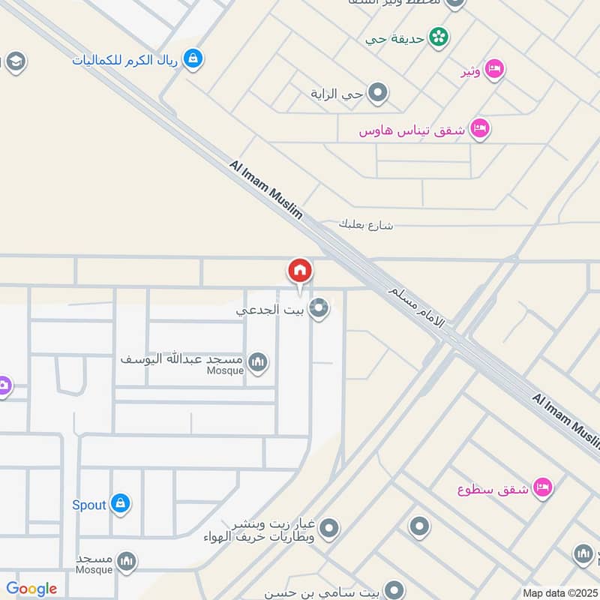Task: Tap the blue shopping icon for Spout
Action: (120, 504)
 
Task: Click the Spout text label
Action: (88, 505)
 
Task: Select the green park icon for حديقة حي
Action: (439, 36)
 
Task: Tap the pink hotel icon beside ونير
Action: (494, 70)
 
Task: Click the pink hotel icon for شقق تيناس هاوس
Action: (480, 129)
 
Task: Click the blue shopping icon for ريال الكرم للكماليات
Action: (193, 58)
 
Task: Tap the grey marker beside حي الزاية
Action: (378, 94)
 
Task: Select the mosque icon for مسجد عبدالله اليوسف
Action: (258, 363)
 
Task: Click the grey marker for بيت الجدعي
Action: (319, 308)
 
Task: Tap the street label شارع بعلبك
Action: (365, 224)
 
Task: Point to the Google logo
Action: (31, 589)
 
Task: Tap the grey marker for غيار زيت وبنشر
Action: (328, 529)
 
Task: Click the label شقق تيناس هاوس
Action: (411, 130)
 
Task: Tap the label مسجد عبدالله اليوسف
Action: (182, 359)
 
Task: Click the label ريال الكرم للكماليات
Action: (124, 59)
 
